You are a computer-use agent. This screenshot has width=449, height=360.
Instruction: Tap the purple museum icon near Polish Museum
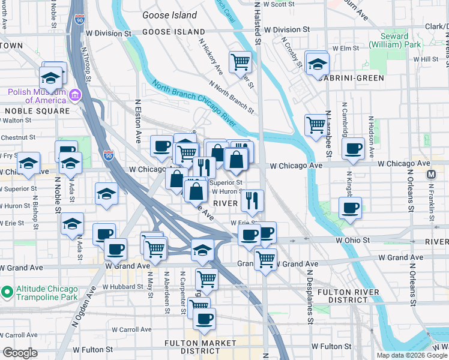[x=75, y=95]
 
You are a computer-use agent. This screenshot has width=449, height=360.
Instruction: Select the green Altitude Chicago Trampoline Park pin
[x=7, y=293]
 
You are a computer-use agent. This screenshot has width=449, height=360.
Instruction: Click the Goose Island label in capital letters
[x=169, y=31]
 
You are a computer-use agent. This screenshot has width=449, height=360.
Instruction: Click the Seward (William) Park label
[x=388, y=40]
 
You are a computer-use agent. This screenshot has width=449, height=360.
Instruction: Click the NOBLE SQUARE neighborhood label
[x=37, y=111]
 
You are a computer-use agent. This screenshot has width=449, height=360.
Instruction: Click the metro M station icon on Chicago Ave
[x=430, y=175]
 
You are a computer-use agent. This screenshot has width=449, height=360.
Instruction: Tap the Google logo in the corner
[x=20, y=353]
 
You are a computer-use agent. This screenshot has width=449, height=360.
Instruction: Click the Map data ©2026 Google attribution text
[x=411, y=355]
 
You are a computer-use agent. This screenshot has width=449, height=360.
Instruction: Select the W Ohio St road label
[x=351, y=240]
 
